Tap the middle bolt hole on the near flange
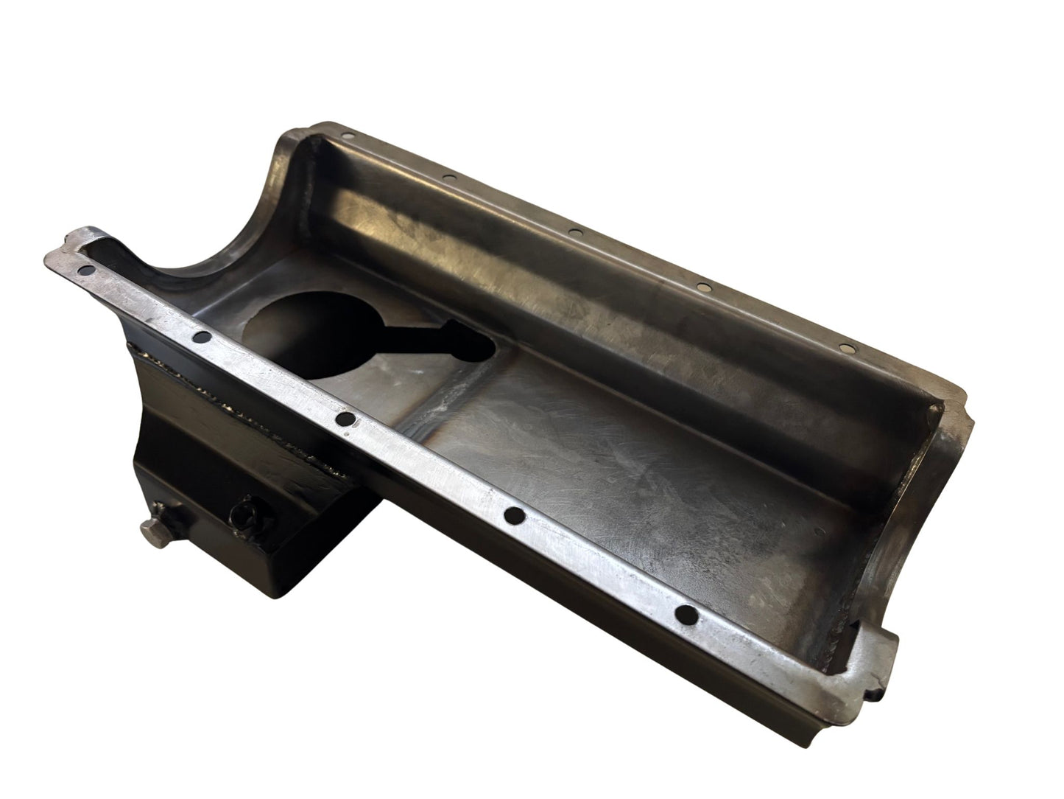coord(343,420)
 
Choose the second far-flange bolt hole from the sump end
coord(447,177)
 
